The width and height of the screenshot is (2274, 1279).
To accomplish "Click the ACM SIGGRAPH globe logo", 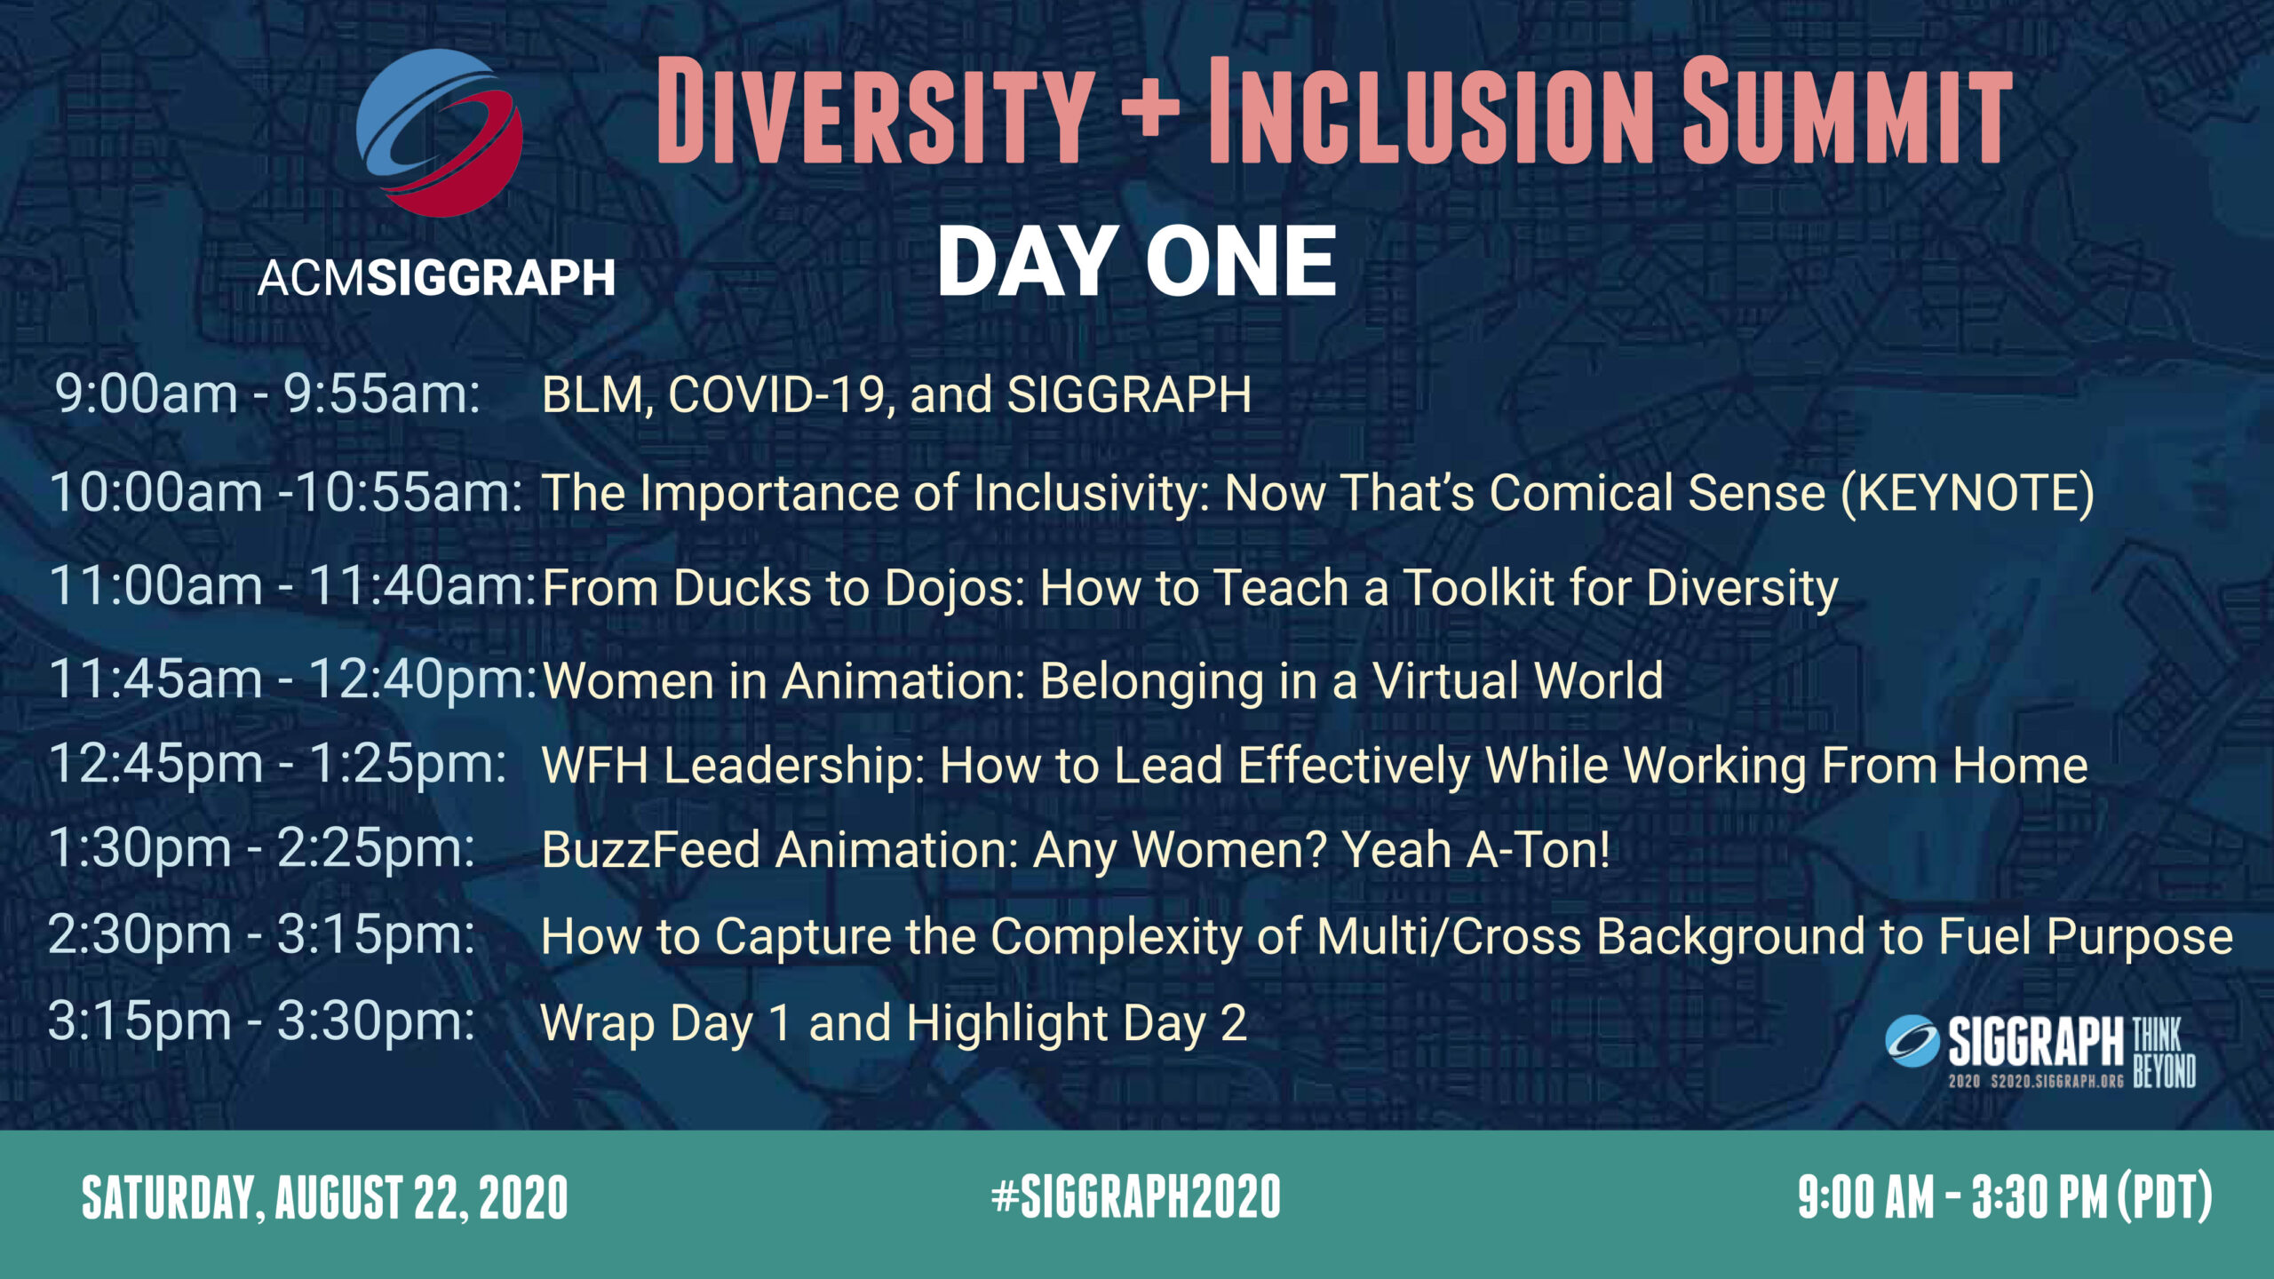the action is point(440,132).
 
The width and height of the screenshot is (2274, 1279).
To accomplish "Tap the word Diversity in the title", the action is point(876,111).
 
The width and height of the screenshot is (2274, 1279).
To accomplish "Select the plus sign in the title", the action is point(1150,112).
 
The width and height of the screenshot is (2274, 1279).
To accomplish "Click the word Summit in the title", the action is point(1848,111).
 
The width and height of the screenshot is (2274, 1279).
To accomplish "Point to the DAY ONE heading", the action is point(1137,261).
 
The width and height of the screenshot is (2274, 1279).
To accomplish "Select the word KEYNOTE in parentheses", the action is point(1968,493).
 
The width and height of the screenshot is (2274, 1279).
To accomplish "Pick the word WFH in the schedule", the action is point(595,766).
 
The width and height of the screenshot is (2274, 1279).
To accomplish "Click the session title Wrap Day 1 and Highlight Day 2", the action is point(894,1023).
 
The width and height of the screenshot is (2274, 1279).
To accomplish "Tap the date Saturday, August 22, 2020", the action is point(325,1197).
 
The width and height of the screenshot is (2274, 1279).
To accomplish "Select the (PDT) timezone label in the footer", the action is point(2165,1197).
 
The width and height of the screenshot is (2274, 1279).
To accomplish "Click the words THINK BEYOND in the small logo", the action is point(2164,1053).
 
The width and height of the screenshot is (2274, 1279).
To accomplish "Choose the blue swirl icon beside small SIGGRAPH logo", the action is point(1912,1041).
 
